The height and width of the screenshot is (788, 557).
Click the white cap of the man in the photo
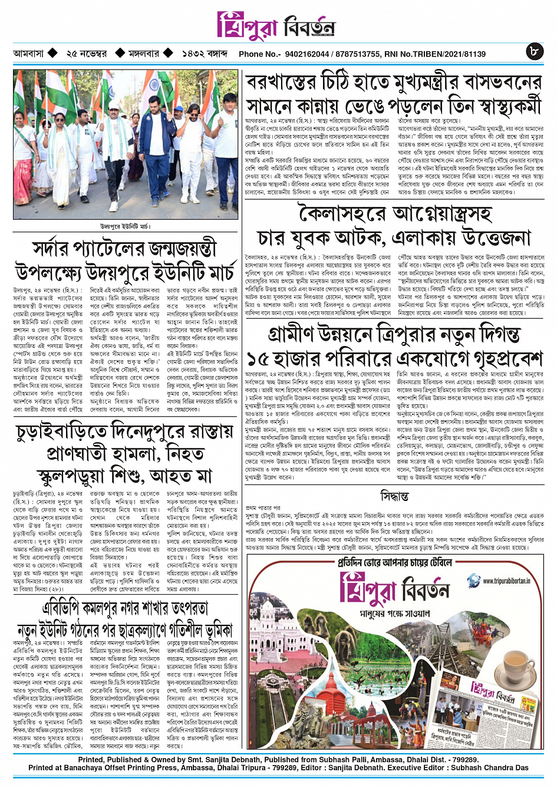coord(113,105)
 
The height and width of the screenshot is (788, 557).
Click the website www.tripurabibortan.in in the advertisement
coord(506,581)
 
